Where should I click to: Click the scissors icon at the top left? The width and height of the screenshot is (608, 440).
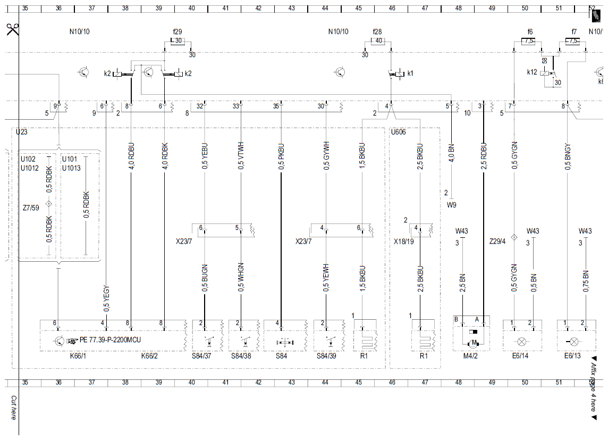pyautogui.click(x=12, y=29)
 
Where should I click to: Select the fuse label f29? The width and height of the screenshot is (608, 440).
pyautogui.click(x=178, y=32)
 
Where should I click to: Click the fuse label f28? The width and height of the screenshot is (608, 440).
pyautogui.click(x=377, y=32)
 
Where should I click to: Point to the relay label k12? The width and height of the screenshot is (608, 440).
pyautogui.click(x=532, y=72)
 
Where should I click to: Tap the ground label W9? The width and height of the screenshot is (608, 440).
pyautogui.click(x=452, y=205)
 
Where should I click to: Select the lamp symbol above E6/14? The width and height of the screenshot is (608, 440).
pyautogui.click(x=521, y=342)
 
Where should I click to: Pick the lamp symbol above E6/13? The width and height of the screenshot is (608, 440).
pyautogui.click(x=573, y=342)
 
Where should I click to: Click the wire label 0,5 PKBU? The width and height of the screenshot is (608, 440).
pyautogui.click(x=281, y=157)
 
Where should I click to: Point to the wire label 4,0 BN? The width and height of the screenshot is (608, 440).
pyautogui.click(x=451, y=154)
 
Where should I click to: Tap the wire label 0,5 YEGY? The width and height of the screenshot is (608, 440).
pyautogui.click(x=106, y=299)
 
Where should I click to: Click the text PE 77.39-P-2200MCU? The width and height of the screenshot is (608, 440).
pyautogui.click(x=110, y=340)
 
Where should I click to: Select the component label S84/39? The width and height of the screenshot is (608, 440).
pyautogui.click(x=326, y=356)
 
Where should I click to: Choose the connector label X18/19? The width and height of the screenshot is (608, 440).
pyautogui.click(x=404, y=242)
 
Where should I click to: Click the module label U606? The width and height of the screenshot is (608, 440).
pyautogui.click(x=398, y=132)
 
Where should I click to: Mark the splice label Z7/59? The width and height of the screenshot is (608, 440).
pyautogui.click(x=31, y=208)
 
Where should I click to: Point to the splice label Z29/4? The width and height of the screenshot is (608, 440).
pyautogui.click(x=497, y=242)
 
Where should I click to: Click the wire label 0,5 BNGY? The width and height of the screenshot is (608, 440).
pyautogui.click(x=568, y=157)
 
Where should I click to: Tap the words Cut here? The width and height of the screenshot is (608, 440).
pyautogui.click(x=14, y=408)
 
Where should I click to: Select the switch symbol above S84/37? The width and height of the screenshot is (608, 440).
pyautogui.click(x=209, y=342)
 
